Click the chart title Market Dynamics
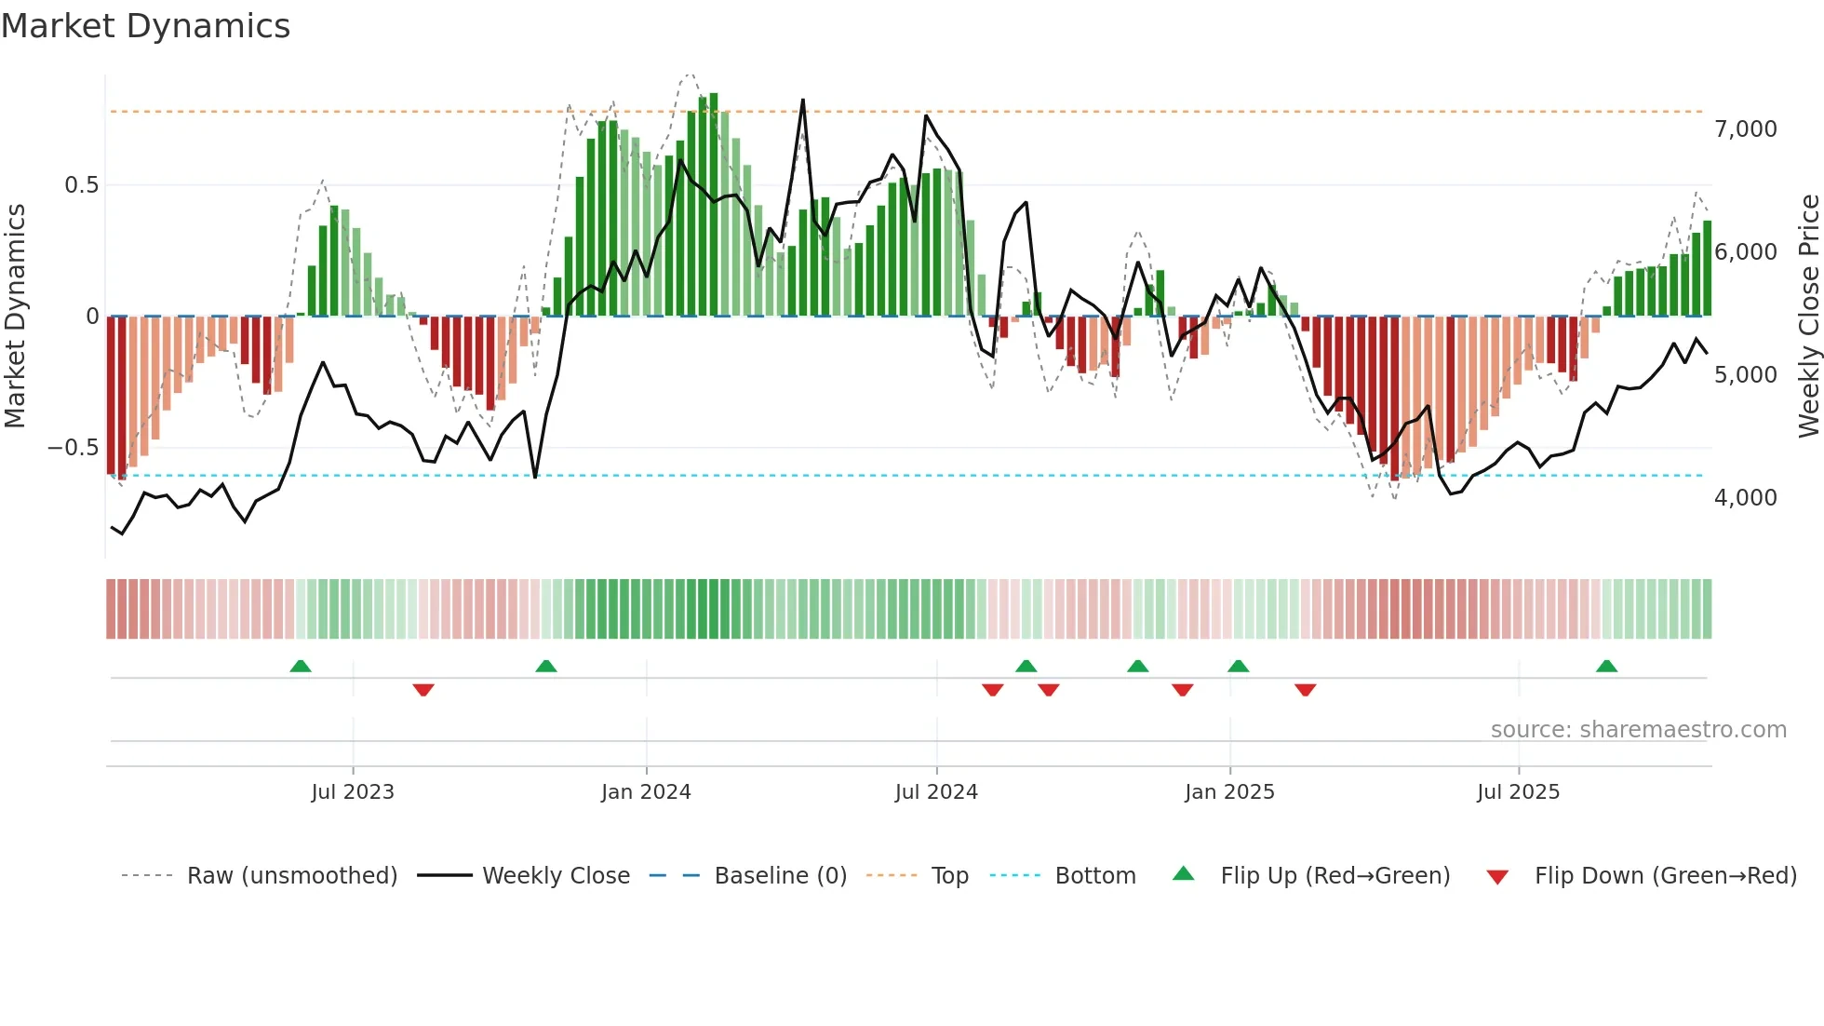(x=145, y=26)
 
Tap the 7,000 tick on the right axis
(x=1745, y=129)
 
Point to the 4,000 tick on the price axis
(x=1745, y=498)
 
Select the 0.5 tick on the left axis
(x=81, y=185)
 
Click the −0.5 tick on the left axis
(x=73, y=448)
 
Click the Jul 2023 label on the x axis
(x=353, y=792)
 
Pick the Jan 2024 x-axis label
(x=646, y=792)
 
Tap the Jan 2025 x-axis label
(x=1229, y=792)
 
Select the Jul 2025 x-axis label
(x=1518, y=792)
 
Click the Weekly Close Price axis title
(x=1808, y=317)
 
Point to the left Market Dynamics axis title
(x=15, y=317)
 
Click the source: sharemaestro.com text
(x=1638, y=730)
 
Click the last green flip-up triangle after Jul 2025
(x=1606, y=667)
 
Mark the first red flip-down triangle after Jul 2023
(x=423, y=690)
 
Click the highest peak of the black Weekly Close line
(x=802, y=101)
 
